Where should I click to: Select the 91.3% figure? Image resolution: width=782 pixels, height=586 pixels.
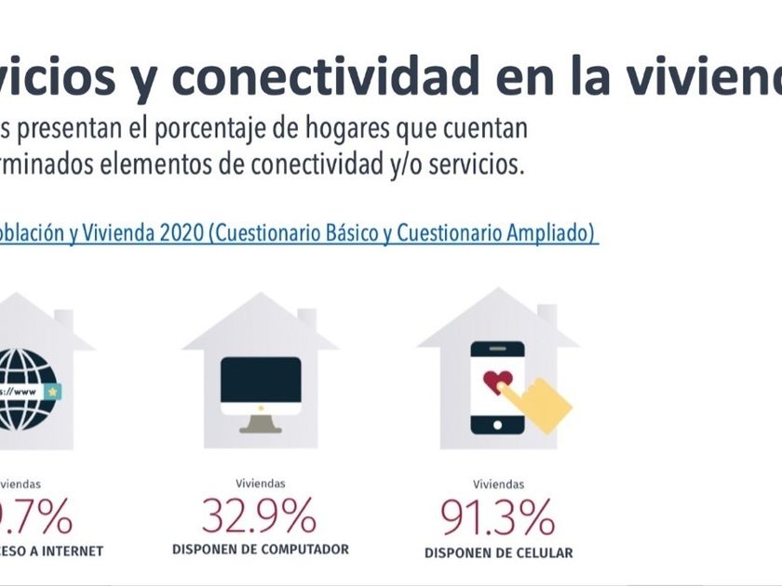[498, 517]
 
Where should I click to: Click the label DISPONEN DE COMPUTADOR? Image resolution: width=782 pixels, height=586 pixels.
[261, 550]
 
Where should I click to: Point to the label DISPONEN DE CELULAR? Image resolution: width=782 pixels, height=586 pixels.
[498, 553]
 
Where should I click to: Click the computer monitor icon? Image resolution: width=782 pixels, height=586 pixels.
[261, 384]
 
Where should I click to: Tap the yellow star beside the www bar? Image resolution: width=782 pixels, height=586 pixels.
[52, 392]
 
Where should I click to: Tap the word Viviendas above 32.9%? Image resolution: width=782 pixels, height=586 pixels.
[261, 483]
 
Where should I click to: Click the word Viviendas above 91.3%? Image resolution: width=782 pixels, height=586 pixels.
[498, 484]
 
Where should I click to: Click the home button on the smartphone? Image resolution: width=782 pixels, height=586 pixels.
[497, 425]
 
